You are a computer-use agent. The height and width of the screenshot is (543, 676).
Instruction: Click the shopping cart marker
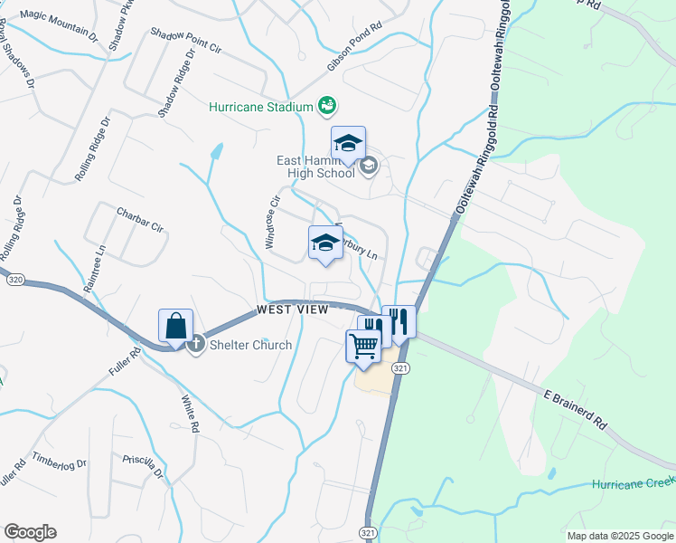point(363,346)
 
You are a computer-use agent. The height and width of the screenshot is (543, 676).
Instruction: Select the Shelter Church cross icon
point(196,345)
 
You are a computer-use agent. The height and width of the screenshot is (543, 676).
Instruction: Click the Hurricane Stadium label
point(260,107)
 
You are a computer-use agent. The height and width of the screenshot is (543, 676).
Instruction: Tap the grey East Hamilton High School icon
point(368,165)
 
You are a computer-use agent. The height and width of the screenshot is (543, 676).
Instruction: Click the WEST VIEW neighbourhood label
point(292,310)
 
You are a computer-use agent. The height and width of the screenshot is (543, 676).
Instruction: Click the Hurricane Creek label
point(633,484)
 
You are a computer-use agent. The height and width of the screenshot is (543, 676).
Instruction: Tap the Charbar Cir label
point(138,218)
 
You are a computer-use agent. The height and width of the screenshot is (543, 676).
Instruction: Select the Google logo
point(30,531)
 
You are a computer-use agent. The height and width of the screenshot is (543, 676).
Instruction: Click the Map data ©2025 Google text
point(620,536)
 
